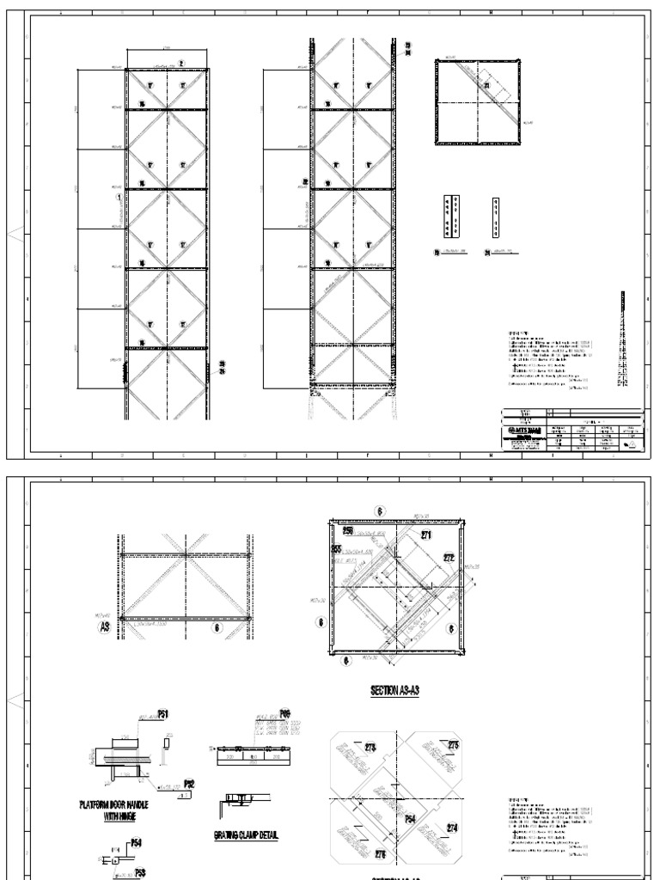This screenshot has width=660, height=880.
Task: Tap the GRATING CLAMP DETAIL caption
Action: (246, 834)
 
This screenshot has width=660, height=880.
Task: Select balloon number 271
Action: (425, 535)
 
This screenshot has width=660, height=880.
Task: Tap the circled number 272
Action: (449, 557)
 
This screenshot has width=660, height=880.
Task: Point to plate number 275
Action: (453, 745)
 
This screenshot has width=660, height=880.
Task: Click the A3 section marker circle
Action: (104, 626)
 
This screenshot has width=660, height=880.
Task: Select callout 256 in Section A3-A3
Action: (337, 531)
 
